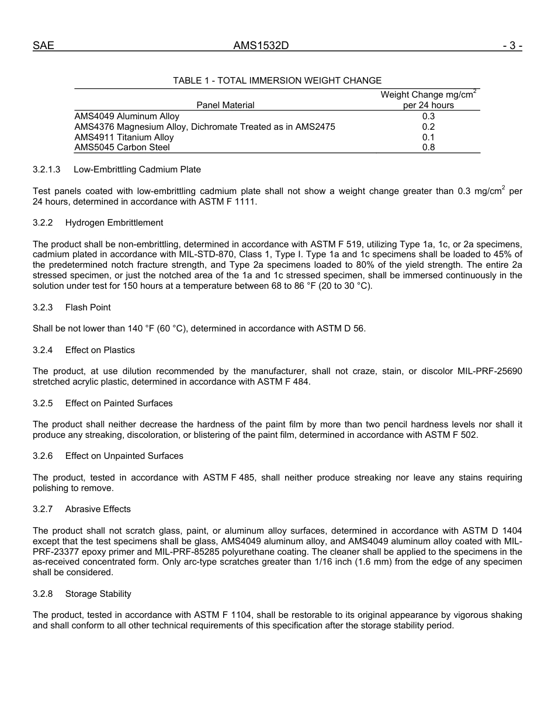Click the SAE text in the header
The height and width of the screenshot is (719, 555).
point(43,46)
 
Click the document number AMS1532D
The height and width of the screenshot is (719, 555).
point(261,46)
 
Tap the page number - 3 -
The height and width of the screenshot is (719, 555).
point(512,46)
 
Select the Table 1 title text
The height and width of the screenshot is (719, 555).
point(277,81)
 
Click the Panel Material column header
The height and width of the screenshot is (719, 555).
point(226,105)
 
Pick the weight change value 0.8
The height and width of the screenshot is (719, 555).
point(428,147)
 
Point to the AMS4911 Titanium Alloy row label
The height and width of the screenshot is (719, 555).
point(124,137)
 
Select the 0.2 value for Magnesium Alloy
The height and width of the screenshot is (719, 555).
point(428,127)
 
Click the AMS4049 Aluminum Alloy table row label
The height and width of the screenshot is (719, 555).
point(127,116)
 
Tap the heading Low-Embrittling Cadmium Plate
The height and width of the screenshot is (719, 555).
point(137,170)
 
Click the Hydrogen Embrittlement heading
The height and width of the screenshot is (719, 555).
point(114,223)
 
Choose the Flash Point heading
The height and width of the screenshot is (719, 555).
point(88,307)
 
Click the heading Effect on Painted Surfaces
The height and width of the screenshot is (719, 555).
point(119,403)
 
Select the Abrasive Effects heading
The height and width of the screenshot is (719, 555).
point(98,509)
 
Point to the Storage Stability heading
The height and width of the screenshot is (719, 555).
point(98,594)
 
